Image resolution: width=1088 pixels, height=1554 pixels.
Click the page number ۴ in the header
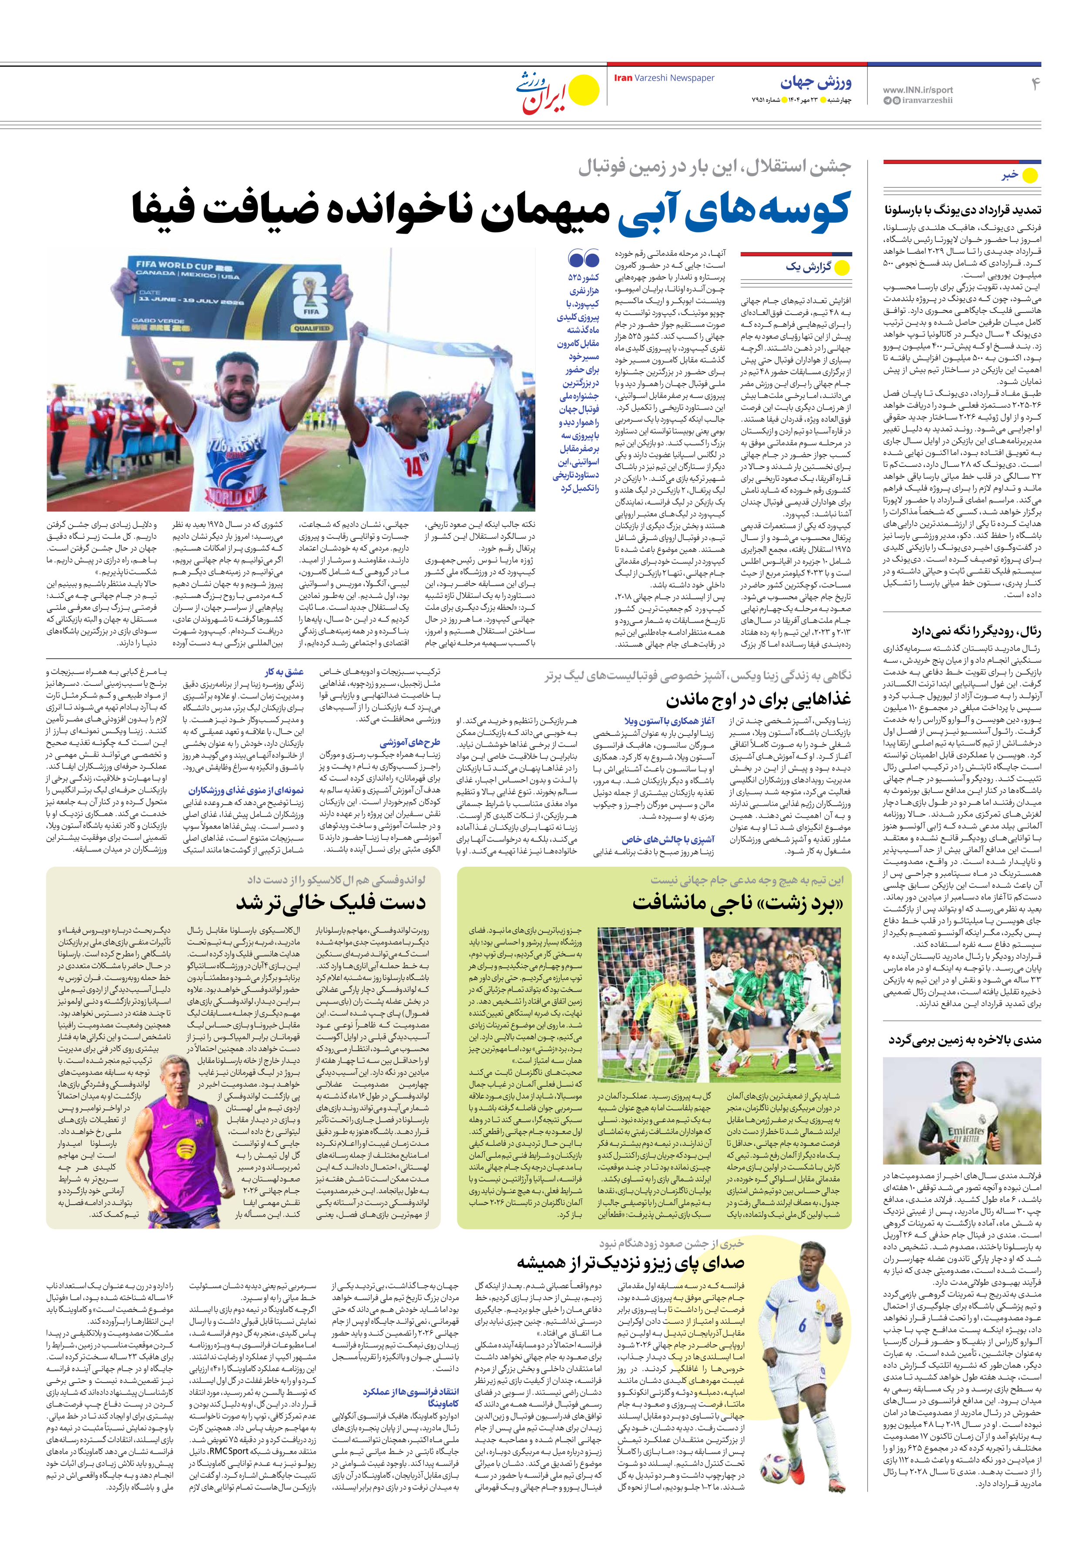coord(1034,84)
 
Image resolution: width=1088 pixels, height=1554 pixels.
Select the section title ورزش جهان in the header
coord(816,83)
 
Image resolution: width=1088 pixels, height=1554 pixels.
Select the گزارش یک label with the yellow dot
coord(808,267)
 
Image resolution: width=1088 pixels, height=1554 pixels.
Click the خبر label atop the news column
coord(1010,175)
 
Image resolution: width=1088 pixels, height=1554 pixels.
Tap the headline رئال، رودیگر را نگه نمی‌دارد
coord(976,631)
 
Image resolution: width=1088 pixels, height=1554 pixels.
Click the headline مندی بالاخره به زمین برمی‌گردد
coord(965,1040)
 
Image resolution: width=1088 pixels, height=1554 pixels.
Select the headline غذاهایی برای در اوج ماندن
coord(758,698)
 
